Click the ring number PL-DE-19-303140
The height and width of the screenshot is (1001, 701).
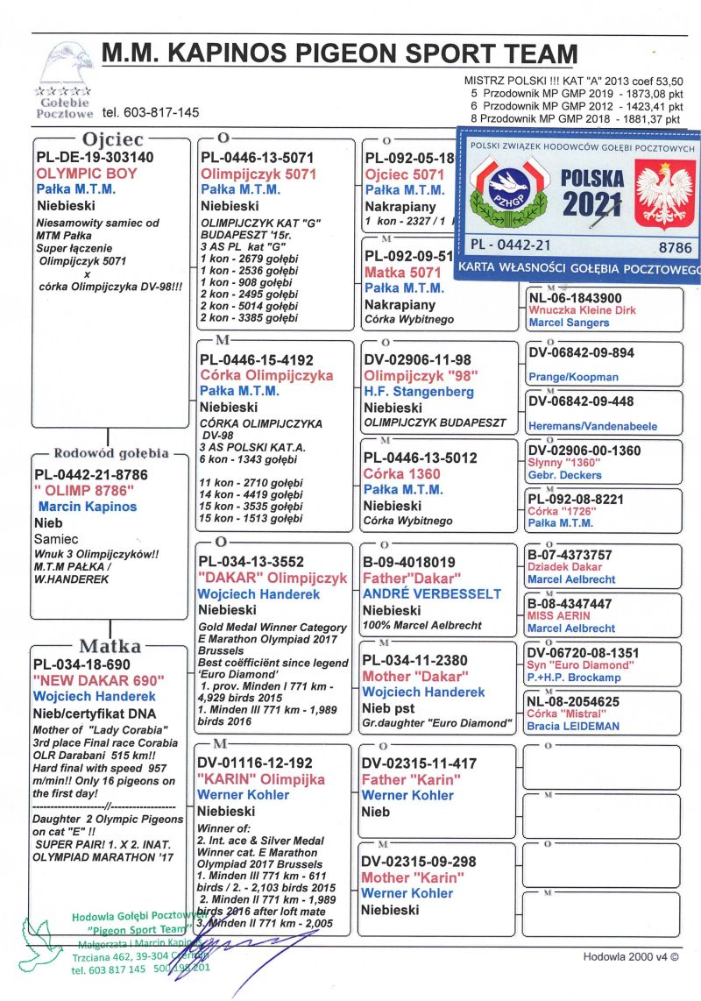(95, 158)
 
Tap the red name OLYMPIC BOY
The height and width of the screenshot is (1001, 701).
(87, 174)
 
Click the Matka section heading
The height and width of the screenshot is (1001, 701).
(110, 646)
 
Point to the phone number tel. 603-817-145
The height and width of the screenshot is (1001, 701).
(150, 112)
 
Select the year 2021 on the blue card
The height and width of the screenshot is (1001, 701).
(593, 205)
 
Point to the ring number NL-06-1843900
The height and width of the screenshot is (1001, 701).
(576, 298)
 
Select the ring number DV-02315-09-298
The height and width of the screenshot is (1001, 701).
(420, 862)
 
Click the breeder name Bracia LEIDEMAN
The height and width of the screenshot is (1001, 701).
(573, 726)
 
